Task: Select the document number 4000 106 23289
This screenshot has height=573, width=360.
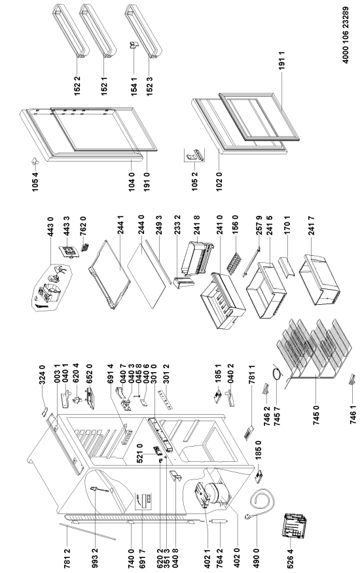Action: (346, 35)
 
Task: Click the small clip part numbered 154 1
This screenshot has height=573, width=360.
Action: (133, 45)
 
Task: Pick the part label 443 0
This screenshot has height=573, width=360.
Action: (50, 227)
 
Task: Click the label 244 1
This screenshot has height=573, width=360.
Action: (120, 224)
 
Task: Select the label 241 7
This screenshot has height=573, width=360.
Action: (312, 226)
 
